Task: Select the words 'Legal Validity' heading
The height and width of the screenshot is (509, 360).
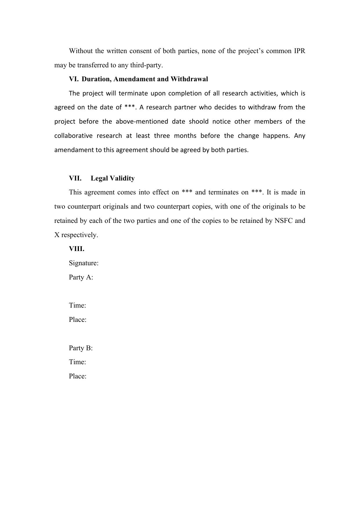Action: click(113, 178)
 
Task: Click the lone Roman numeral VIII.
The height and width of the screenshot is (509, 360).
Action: click(77, 249)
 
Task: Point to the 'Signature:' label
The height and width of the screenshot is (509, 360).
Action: click(84, 263)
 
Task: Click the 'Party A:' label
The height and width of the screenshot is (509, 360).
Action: click(81, 277)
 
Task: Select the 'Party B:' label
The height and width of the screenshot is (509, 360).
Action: click(81, 348)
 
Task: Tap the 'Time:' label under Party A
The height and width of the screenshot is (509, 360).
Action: click(77, 306)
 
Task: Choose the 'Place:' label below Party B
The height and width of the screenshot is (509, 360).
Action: click(78, 376)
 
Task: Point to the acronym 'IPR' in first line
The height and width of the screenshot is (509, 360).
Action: click(299, 51)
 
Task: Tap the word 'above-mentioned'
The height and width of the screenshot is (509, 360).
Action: click(142, 122)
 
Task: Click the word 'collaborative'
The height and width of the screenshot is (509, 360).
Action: click(73, 136)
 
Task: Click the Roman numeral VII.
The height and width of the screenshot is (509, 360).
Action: click(75, 178)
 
